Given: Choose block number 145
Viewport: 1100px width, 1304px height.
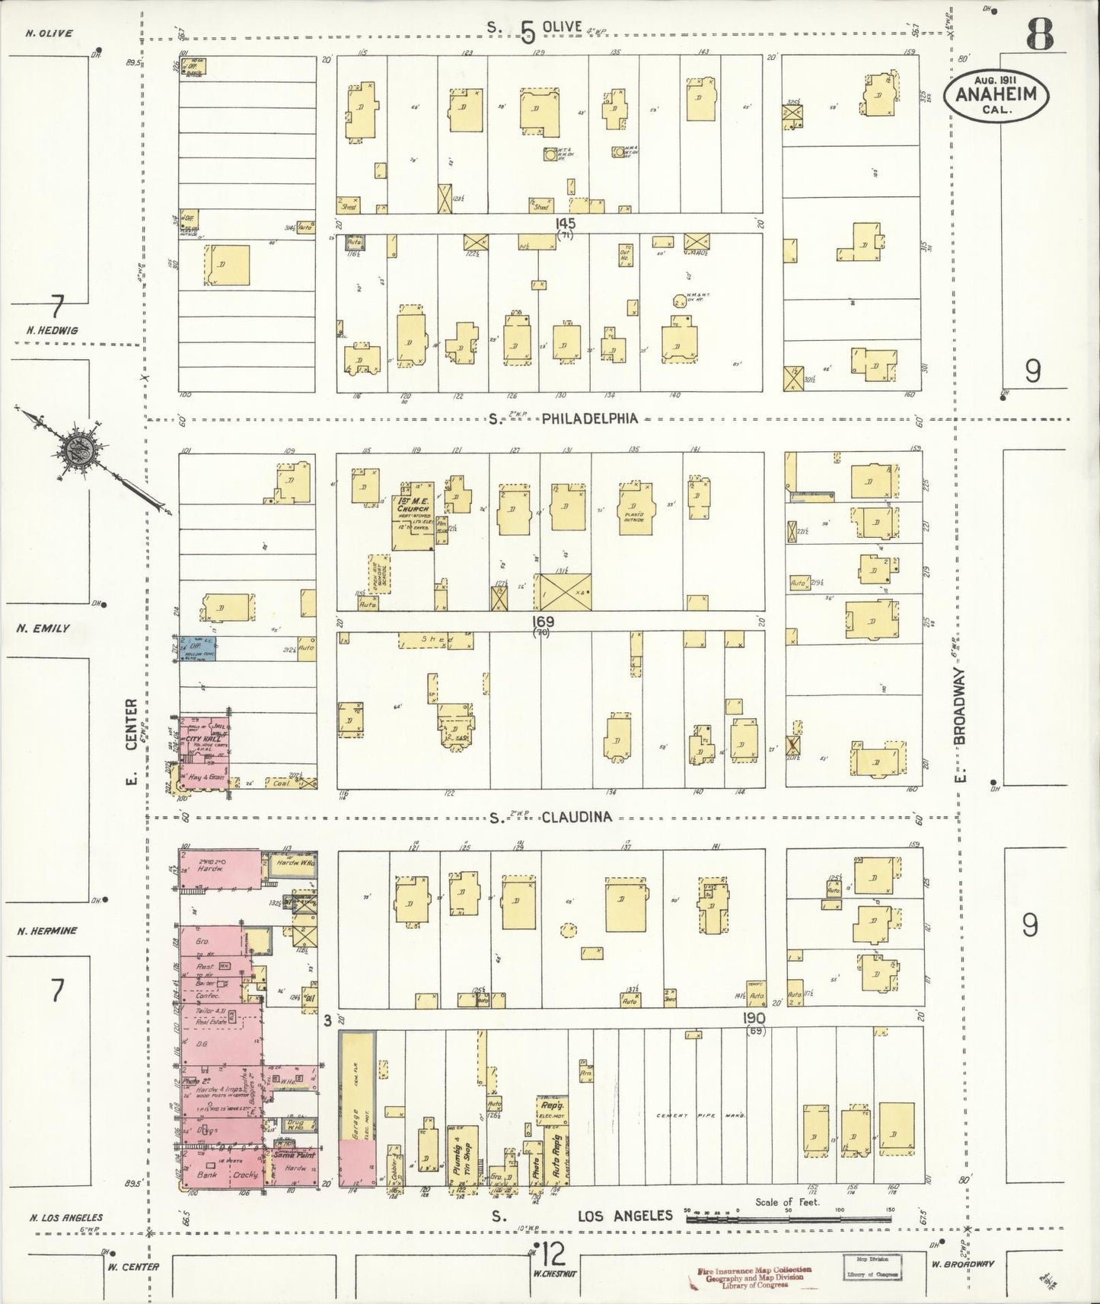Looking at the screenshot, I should [565, 223].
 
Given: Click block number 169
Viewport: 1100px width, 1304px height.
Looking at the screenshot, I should [543, 622].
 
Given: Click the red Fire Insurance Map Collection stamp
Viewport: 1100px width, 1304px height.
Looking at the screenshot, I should [751, 1274].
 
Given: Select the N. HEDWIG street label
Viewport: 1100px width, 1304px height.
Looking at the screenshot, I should [51, 331].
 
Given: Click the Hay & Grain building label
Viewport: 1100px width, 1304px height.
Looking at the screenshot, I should [202, 777].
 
